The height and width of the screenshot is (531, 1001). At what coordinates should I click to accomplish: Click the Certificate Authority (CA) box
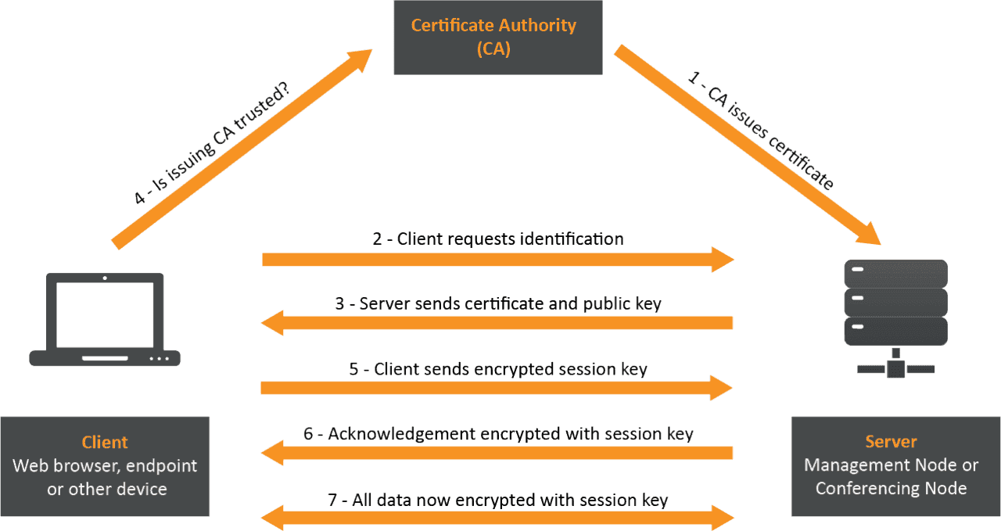pyautogui.click(x=497, y=37)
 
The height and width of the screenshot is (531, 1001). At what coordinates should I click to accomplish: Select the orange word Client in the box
pyautogui.click(x=105, y=442)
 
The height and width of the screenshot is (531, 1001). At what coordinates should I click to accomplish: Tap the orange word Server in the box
pyautogui.click(x=891, y=442)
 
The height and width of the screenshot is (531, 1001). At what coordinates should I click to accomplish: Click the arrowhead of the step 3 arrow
pyautogui.click(x=272, y=322)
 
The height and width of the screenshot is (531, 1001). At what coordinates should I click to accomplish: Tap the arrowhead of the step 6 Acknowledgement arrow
pyautogui.click(x=272, y=452)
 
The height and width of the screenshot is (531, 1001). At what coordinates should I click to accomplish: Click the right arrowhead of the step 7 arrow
pyautogui.click(x=723, y=517)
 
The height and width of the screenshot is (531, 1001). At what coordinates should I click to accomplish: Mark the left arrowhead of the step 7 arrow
pyautogui.click(x=272, y=517)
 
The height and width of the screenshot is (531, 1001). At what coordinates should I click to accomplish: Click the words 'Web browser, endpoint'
pyautogui.click(x=105, y=466)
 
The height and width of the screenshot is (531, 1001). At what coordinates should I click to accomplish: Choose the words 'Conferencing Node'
pyautogui.click(x=891, y=489)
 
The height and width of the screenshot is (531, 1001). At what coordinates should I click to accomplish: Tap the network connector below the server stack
pyautogui.click(x=895, y=365)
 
